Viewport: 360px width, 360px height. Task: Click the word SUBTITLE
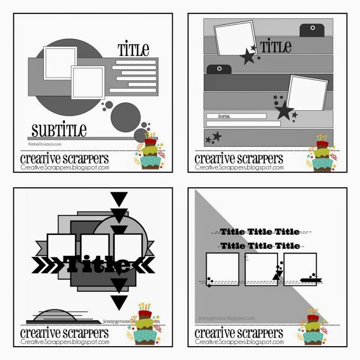[x=59, y=130]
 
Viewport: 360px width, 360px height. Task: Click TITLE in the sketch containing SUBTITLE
[x=133, y=50]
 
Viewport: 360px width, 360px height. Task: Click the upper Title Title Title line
[x=259, y=232]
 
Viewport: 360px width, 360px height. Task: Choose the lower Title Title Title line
[x=259, y=245]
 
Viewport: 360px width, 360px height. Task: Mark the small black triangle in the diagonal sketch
[x=274, y=274]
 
